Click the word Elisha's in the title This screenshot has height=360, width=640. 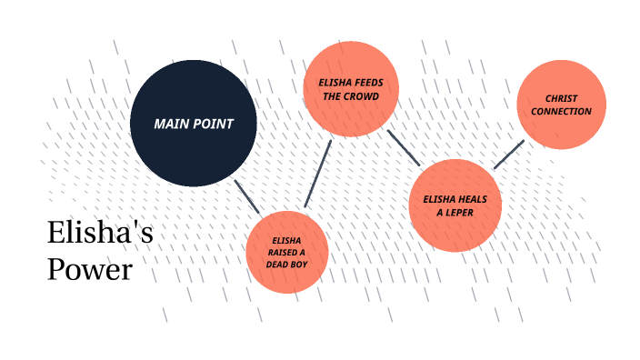click(100, 234)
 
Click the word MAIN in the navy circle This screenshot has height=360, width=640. click(171, 124)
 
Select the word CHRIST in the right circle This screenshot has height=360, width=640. click(561, 98)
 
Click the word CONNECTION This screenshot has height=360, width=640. click(561, 111)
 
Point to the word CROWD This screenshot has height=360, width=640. click(361, 95)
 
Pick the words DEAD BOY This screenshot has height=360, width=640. click(286, 265)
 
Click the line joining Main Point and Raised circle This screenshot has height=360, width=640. click(246, 196)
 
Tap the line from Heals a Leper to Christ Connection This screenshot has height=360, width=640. click(508, 155)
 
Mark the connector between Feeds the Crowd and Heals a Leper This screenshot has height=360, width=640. click(403, 147)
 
